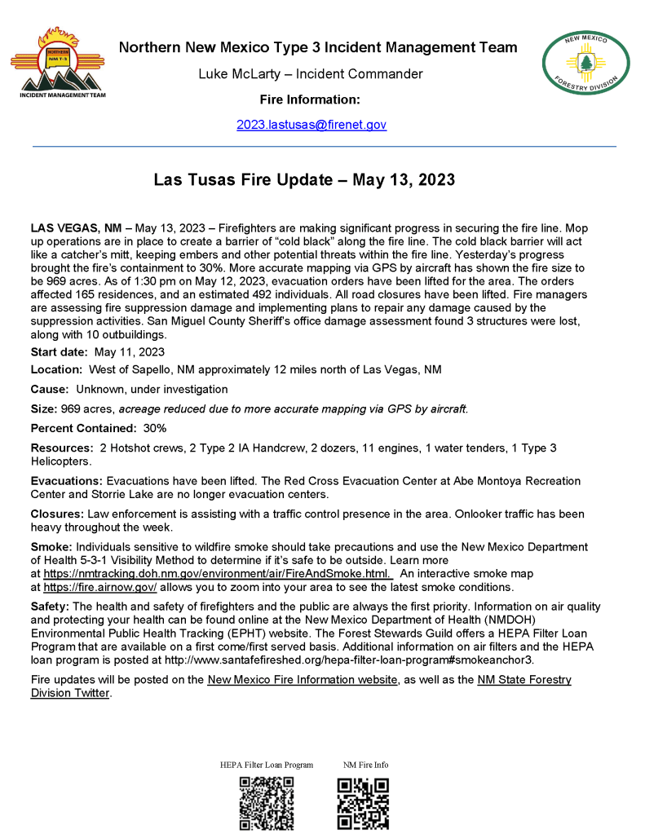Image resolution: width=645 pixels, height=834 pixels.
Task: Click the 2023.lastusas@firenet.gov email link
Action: (x=311, y=125)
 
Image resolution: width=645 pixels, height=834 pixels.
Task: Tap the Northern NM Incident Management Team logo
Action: (x=57, y=61)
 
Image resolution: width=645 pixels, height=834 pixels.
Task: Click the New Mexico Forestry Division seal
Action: (x=585, y=62)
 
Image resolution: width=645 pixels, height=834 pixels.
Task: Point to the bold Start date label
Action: (x=59, y=352)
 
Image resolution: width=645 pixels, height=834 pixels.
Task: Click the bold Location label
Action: (x=56, y=370)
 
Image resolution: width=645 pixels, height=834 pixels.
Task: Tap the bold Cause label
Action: (x=49, y=390)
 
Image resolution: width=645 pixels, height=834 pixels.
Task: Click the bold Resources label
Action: (x=62, y=448)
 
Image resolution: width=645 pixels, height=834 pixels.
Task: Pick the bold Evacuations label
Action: (x=67, y=481)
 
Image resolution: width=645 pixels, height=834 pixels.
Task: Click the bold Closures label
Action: (x=57, y=514)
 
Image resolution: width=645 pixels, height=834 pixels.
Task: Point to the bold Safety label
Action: (x=51, y=607)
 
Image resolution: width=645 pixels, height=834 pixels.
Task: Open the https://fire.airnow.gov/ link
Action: (x=100, y=587)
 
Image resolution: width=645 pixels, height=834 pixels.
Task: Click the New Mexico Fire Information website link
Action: (x=303, y=680)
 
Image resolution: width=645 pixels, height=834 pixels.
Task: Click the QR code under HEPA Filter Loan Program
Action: (x=266, y=803)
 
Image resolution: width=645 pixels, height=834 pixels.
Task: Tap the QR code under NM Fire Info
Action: (x=364, y=803)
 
